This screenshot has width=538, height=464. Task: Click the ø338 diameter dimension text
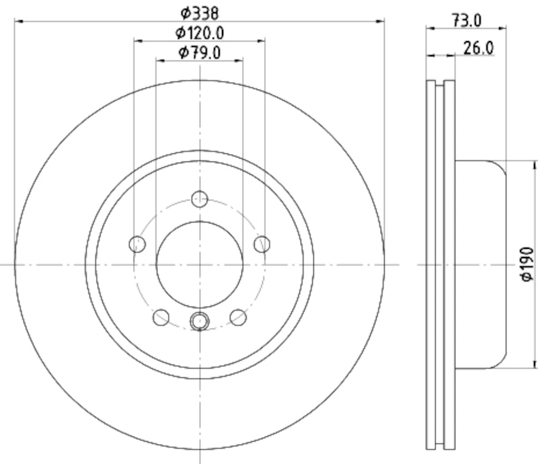tap(200, 11)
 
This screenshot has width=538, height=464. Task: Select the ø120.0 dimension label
tap(200, 32)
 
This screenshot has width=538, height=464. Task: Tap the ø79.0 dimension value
tap(200, 52)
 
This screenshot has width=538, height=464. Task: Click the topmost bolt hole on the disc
tap(200, 198)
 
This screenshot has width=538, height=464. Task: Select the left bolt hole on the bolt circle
tap(137, 243)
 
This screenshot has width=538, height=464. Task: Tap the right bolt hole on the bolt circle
tap(262, 243)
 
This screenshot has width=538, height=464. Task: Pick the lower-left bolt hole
tap(161, 316)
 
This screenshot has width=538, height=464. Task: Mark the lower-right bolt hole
tap(238, 316)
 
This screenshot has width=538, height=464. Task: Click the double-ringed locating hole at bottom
tap(200, 321)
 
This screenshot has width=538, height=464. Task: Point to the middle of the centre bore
tap(200, 264)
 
